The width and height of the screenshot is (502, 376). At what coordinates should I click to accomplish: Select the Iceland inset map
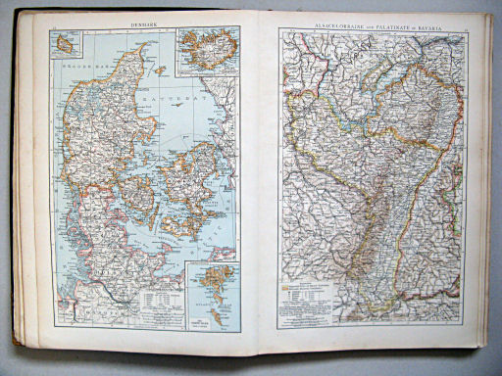click(x=207, y=50)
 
